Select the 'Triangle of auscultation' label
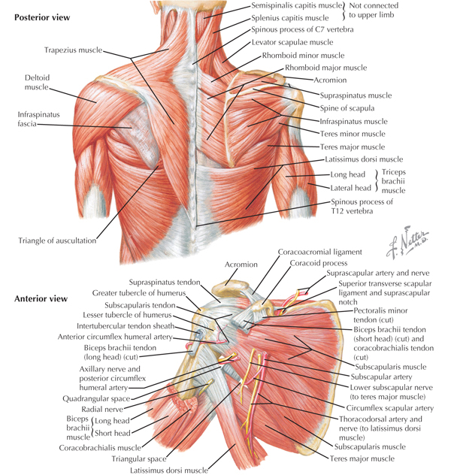pyautogui.click(x=57, y=241)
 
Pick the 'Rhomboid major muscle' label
pyautogui.click(x=325, y=68)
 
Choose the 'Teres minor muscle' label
pyautogui.click(x=353, y=134)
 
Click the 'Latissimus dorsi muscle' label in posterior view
pyautogui.click(x=364, y=160)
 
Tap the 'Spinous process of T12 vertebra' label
pyautogui.click(x=362, y=207)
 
